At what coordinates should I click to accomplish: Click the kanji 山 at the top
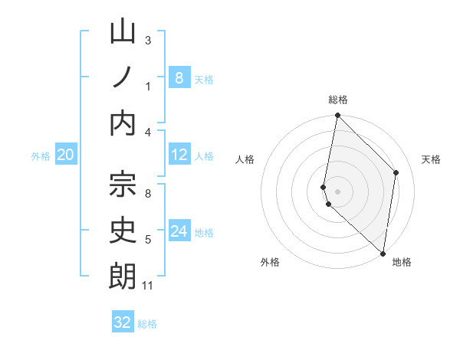(x=123, y=32)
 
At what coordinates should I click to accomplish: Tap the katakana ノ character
(x=123, y=77)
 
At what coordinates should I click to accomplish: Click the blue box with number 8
(x=179, y=77)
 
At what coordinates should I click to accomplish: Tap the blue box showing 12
(x=179, y=155)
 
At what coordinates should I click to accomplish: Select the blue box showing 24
(x=179, y=231)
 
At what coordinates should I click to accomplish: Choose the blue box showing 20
(x=65, y=155)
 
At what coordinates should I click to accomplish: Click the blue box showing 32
(x=123, y=322)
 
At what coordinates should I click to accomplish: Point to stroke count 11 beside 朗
(x=147, y=286)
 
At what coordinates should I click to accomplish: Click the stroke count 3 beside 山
(x=148, y=40)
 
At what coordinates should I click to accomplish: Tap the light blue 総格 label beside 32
(x=147, y=324)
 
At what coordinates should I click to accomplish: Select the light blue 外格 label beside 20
(x=41, y=156)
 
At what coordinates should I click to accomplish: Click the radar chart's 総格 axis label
(x=338, y=100)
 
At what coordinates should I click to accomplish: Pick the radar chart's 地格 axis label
(x=402, y=262)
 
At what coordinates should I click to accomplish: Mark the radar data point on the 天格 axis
(x=396, y=172)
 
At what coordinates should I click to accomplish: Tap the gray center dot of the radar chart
(x=338, y=190)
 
